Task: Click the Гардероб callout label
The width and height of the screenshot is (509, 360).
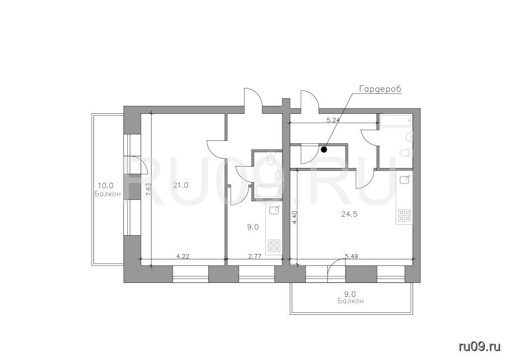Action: [380, 90]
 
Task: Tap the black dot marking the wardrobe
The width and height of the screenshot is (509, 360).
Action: [324, 150]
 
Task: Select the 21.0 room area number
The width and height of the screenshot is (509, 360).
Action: [180, 185]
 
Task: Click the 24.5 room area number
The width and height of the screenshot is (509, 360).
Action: [349, 214]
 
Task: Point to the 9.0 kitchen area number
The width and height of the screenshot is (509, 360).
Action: [253, 227]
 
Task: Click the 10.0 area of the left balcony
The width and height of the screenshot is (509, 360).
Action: [106, 185]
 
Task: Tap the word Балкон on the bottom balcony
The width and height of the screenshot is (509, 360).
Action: [350, 301]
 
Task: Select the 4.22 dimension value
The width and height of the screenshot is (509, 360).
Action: [183, 256]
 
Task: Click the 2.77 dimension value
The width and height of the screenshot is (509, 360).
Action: [255, 256]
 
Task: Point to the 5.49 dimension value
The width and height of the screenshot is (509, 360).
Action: [351, 256]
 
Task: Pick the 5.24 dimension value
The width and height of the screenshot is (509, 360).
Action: [333, 120]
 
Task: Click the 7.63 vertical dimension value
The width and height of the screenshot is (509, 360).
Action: [148, 189]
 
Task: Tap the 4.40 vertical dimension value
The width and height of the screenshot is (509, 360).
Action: [294, 217]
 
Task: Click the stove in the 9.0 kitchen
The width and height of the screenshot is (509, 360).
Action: [274, 246]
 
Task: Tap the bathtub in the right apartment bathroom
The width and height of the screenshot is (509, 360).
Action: [396, 120]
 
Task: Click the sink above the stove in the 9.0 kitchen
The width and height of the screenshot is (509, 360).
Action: [274, 211]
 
